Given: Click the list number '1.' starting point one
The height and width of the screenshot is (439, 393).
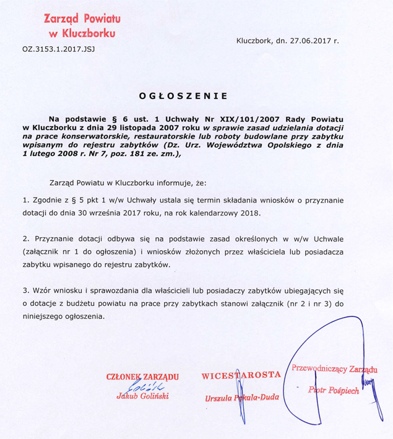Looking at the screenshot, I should (26, 201).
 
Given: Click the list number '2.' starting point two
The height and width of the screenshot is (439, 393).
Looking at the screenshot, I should (26, 238).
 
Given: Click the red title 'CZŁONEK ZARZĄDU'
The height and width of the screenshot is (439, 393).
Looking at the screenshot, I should (142, 376).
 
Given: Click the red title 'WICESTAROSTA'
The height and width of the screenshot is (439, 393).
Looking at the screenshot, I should (242, 375).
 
